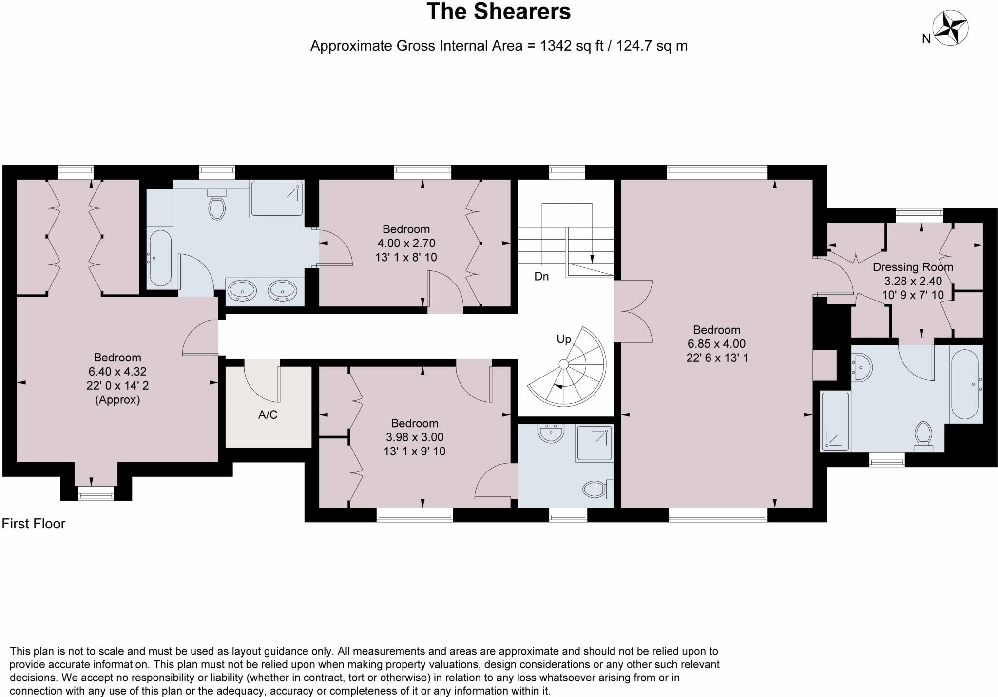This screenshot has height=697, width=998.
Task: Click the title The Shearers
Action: point(499,12)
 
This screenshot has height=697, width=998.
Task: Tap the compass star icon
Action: point(950,28)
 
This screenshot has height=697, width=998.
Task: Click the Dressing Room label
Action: point(913,267)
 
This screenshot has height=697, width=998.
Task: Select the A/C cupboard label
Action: point(268,414)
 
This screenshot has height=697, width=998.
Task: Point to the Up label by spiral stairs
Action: point(564,339)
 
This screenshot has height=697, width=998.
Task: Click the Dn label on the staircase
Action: point(541,277)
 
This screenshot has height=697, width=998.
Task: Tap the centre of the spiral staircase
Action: point(564,364)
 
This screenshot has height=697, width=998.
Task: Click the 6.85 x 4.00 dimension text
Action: point(716,343)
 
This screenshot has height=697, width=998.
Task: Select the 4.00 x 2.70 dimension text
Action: point(406,243)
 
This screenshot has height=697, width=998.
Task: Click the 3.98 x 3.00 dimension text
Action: point(414,437)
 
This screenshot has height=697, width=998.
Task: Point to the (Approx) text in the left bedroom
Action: point(117,400)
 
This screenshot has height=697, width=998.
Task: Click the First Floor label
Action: point(34,524)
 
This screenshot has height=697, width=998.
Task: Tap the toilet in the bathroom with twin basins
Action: point(217,207)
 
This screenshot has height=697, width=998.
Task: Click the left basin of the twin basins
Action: point(242,291)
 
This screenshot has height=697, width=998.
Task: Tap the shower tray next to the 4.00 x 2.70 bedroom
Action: point(277,199)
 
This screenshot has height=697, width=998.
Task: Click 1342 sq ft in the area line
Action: point(571,46)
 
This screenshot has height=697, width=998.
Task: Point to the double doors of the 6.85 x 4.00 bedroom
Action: point(633,311)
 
